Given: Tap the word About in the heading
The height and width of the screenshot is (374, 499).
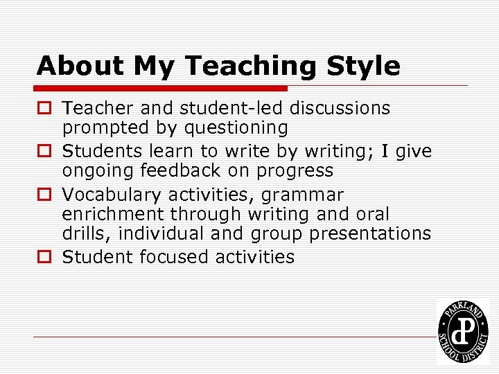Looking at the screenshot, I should pyautogui.click(x=79, y=66).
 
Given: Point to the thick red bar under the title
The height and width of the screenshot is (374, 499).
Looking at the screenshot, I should pyautogui.click(x=162, y=89).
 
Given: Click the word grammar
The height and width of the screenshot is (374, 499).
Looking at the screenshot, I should pyautogui.click(x=302, y=195).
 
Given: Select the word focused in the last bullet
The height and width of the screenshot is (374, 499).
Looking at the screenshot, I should pyautogui.click(x=174, y=258).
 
